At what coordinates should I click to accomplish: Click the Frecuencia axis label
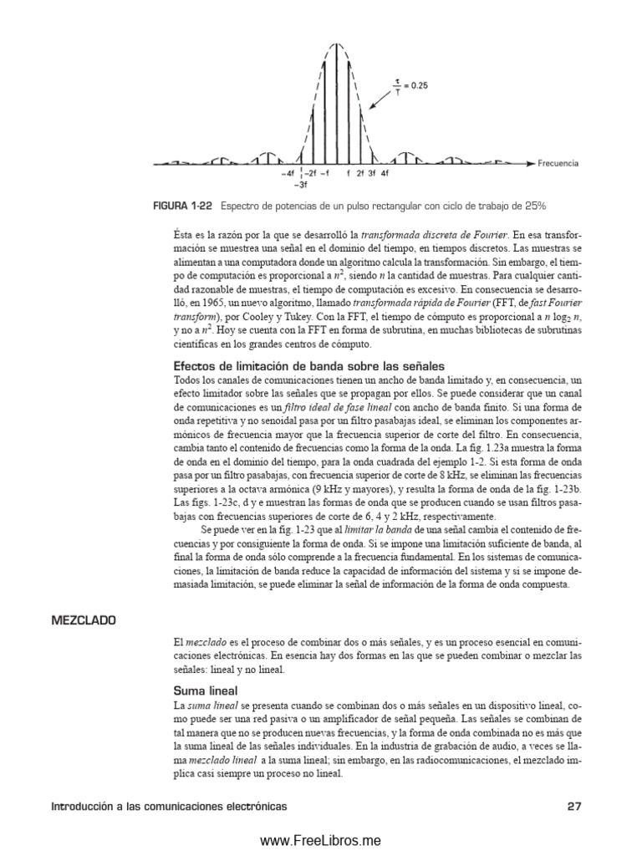[558, 164]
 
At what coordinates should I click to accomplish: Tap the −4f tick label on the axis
[288, 175]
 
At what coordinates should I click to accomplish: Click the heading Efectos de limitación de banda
[308, 366]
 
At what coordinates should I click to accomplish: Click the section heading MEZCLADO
[84, 621]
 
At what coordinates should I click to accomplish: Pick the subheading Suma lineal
[206, 690]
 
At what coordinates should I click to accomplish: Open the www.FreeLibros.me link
[320, 840]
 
